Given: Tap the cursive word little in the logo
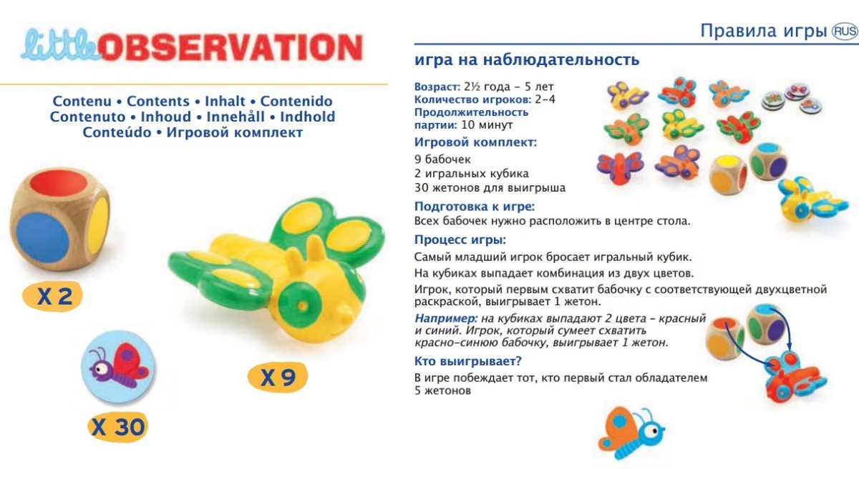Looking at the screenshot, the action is pyautogui.click(x=60, y=45).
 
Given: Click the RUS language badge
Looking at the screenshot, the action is pyautogui.click(x=845, y=31).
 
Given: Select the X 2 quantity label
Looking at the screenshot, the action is pyautogui.click(x=53, y=296).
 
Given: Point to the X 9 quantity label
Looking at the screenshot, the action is pyautogui.click(x=278, y=377).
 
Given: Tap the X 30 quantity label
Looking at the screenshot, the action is pyautogui.click(x=117, y=427).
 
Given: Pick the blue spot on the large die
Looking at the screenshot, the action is pyautogui.click(x=42, y=237).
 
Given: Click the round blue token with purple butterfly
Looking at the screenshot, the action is pyautogui.click(x=118, y=367).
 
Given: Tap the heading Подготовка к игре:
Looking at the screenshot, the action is pyautogui.click(x=475, y=207).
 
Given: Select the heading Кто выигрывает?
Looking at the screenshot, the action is pyautogui.click(x=468, y=361).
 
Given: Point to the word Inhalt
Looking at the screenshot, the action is pyautogui.click(x=225, y=101).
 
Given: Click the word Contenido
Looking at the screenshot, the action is pyautogui.click(x=296, y=101).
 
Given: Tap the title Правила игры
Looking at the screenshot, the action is pyautogui.click(x=763, y=31).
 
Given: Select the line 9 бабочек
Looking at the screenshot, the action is pyautogui.click(x=442, y=159).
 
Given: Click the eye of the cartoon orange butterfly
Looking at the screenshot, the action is pyautogui.click(x=651, y=431).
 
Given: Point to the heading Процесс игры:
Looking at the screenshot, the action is pyautogui.click(x=460, y=239).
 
